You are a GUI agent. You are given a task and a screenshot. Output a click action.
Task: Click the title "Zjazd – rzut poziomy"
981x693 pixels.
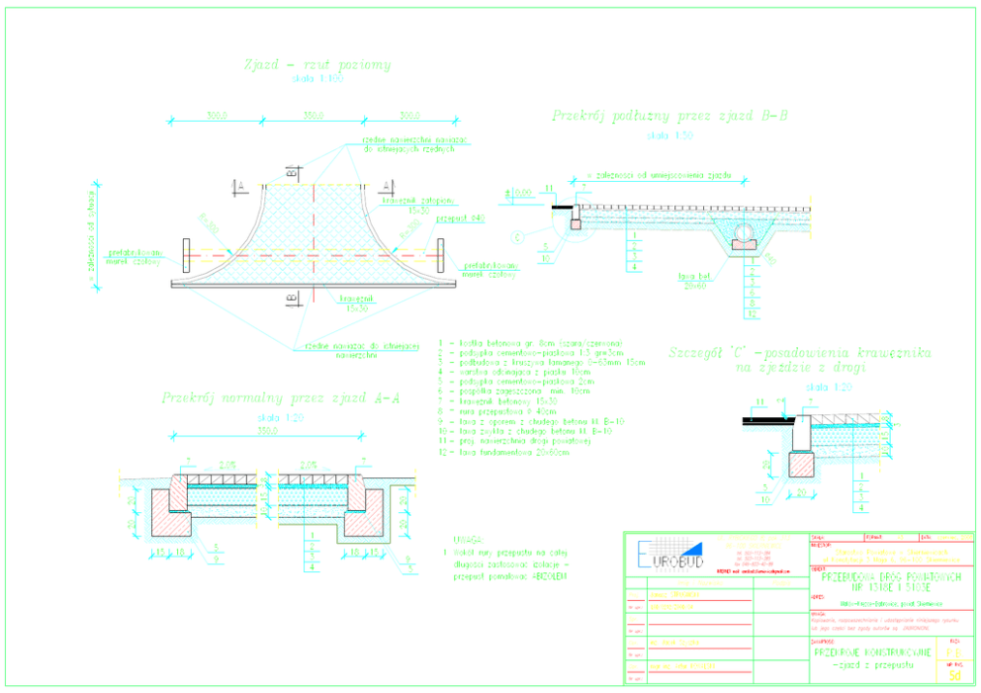point(316,65)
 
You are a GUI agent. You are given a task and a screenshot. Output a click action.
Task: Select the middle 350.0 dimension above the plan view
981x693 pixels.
point(314,116)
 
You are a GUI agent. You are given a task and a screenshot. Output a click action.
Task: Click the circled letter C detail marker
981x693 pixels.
point(517,236)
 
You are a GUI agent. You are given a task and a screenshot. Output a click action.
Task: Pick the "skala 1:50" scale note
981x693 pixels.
point(657,133)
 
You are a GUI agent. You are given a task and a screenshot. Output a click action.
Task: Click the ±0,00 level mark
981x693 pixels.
point(517,194)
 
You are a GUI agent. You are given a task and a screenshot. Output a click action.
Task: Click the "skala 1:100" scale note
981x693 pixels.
point(316,79)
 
